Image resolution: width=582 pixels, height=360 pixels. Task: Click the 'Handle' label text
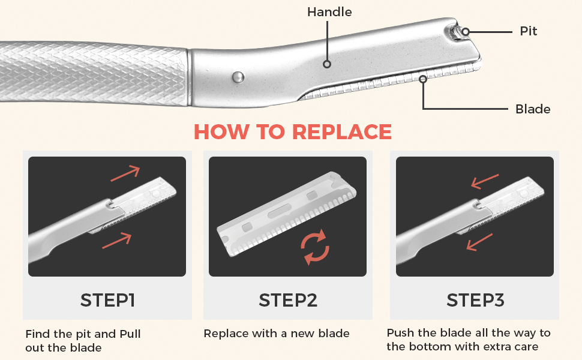(329, 12)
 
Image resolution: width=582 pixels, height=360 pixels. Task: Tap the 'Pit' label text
(528, 31)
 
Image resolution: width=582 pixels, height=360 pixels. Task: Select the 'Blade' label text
(533, 109)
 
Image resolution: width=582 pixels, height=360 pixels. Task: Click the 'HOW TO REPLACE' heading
(293, 132)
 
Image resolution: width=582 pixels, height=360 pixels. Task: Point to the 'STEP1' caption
(107, 300)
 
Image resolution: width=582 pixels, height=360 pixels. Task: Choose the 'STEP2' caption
(288, 300)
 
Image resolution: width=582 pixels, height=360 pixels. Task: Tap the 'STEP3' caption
(475, 300)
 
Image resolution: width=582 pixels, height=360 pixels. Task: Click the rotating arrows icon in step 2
(314, 247)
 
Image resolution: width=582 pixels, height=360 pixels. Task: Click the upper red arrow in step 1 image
(125, 173)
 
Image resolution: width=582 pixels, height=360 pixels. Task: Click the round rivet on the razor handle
(238, 76)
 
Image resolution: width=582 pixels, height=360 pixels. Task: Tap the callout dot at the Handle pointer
(327, 63)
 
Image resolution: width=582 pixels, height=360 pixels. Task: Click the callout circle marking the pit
(466, 31)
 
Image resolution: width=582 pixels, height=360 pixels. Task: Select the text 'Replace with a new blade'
(277, 334)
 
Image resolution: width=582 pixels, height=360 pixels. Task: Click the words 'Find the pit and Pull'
(83, 334)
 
